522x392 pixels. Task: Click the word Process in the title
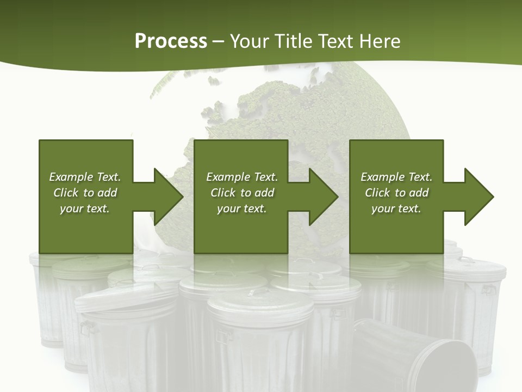pyautogui.click(x=171, y=41)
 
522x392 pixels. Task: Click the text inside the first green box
pyautogui.click(x=85, y=193)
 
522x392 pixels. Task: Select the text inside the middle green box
pyautogui.click(x=242, y=193)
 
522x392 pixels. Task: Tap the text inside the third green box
pyautogui.click(x=396, y=193)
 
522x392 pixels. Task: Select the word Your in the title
pyautogui.click(x=250, y=41)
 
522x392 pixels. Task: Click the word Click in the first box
pyautogui.click(x=66, y=193)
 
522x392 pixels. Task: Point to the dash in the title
pyautogui.click(x=219, y=41)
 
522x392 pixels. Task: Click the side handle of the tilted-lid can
pyautogui.click(x=86, y=327)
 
